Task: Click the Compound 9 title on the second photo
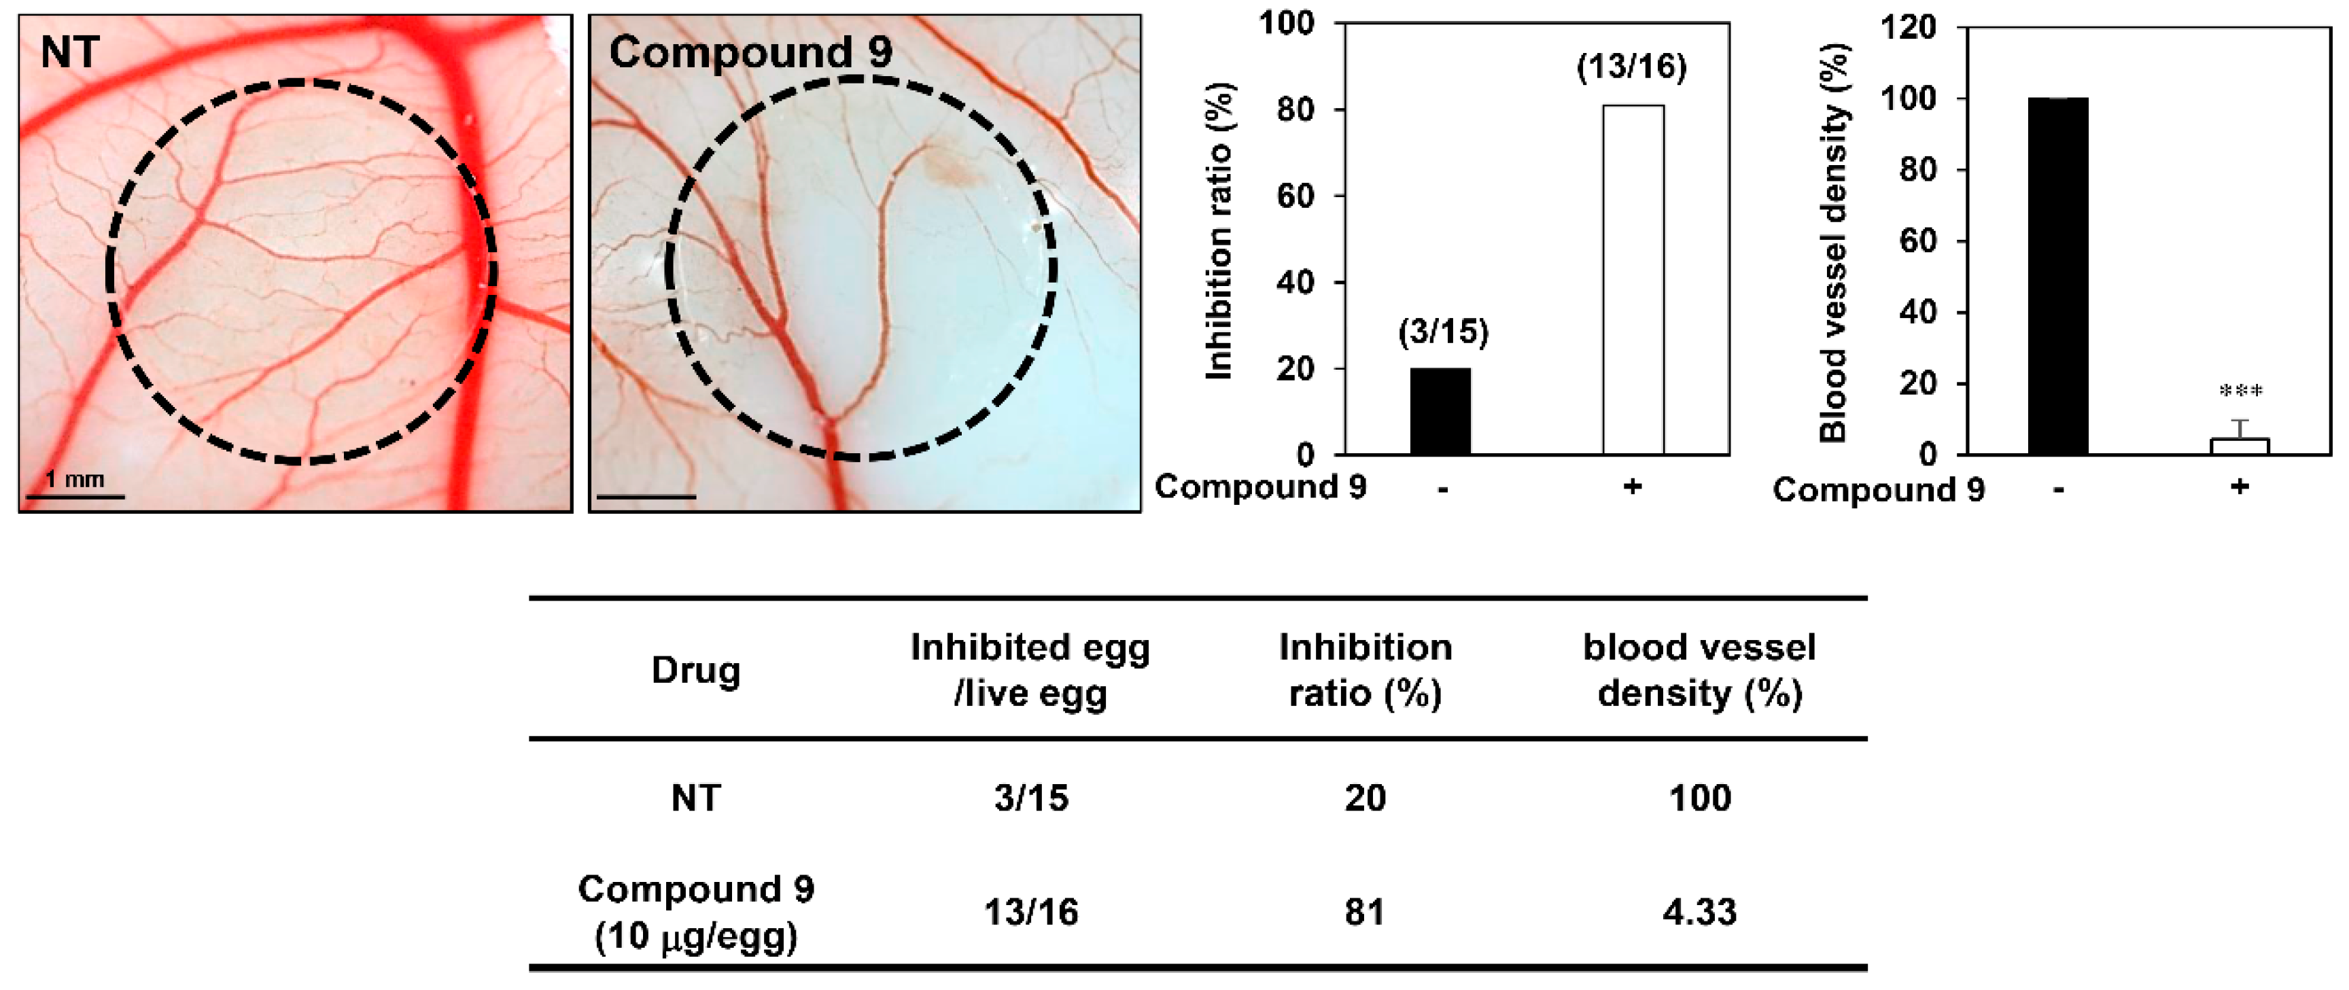pyautogui.click(x=750, y=52)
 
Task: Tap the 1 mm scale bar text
pyautogui.click(x=75, y=478)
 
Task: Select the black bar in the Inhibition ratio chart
pyautogui.click(x=1440, y=411)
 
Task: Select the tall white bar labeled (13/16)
pyautogui.click(x=1632, y=279)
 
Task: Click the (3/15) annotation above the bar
pyautogui.click(x=1442, y=332)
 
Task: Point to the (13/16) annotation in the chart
pyautogui.click(x=1631, y=67)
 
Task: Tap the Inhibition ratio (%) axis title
pyautogui.click(x=1220, y=232)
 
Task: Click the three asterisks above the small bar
pyautogui.click(x=2240, y=392)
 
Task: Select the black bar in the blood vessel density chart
pyautogui.click(x=2058, y=275)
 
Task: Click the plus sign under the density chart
pyautogui.click(x=2240, y=487)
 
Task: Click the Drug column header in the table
pyautogui.click(x=696, y=670)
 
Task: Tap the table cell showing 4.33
pyautogui.click(x=1699, y=912)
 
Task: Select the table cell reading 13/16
pyautogui.click(x=1030, y=912)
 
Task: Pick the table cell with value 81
pyautogui.click(x=1364, y=912)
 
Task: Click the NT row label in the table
pyautogui.click(x=696, y=798)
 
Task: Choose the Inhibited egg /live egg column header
pyautogui.click(x=1030, y=670)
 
